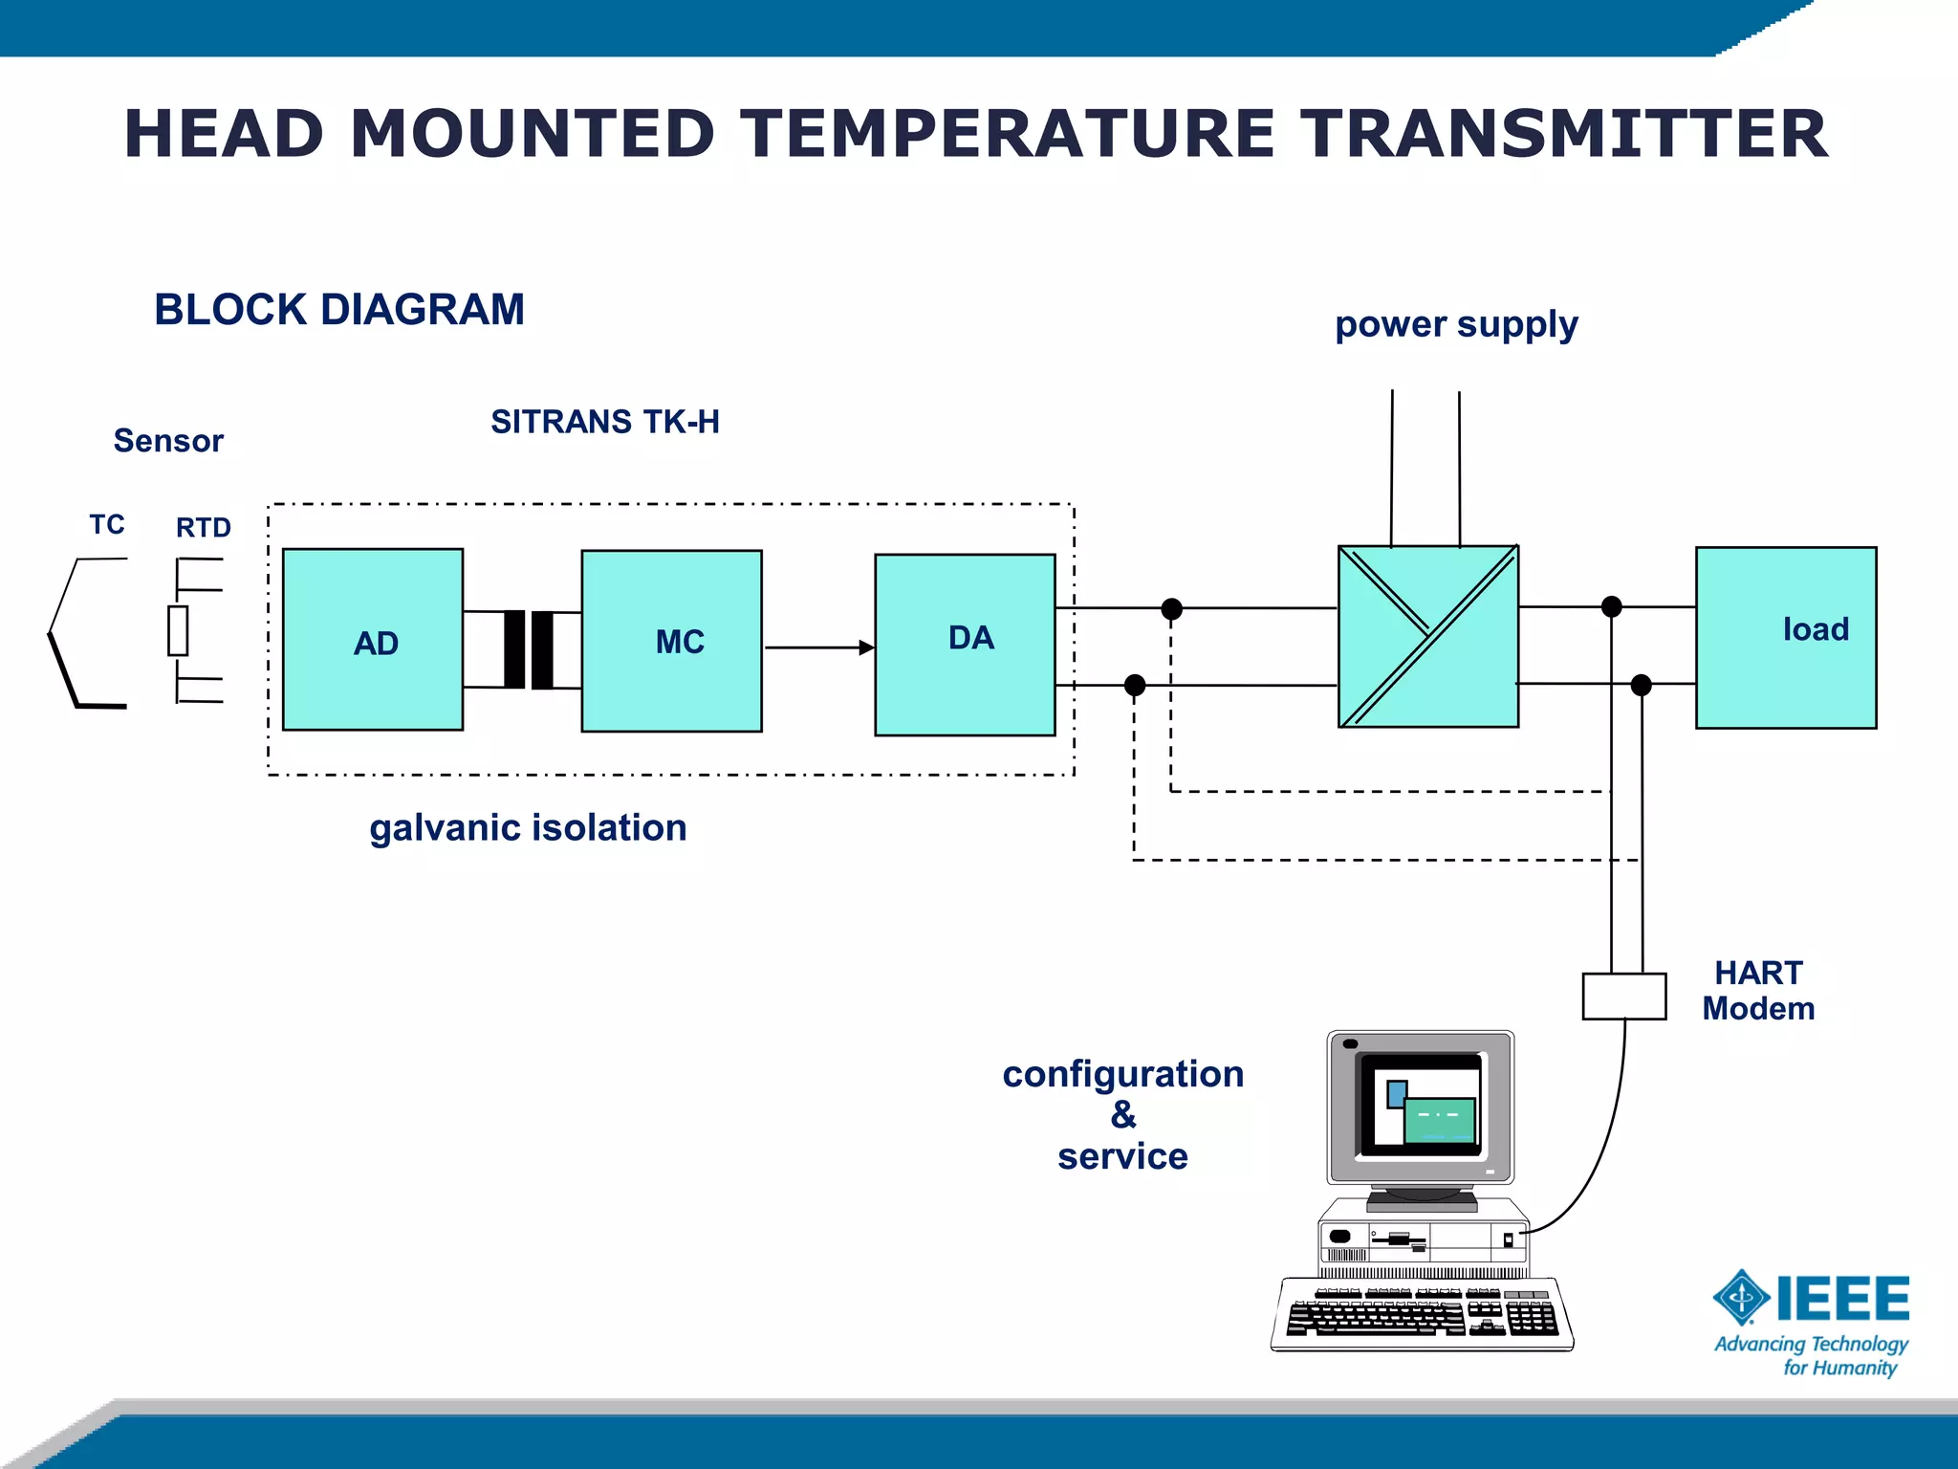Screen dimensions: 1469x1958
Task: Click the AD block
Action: tap(373, 640)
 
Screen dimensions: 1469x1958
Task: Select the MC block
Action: tap(671, 641)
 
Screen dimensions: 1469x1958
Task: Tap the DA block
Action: tap(965, 645)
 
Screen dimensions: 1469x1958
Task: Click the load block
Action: tap(1785, 637)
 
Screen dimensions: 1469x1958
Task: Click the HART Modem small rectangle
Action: tap(1623, 997)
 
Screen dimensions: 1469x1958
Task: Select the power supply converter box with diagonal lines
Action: tap(1427, 637)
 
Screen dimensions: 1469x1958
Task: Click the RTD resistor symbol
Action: tap(178, 630)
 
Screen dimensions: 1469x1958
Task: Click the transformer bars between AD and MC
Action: tap(528, 649)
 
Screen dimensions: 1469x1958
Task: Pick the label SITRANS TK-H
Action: tap(604, 422)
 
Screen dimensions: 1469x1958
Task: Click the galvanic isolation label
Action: tap(528, 827)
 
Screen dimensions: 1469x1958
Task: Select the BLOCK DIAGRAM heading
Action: tap(339, 310)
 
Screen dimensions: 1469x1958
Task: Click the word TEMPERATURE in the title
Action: tap(1008, 134)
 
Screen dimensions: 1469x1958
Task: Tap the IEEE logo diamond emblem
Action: tap(1741, 1298)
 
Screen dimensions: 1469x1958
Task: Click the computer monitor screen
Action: tap(1420, 1104)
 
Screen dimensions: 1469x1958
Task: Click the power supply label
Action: tap(1455, 325)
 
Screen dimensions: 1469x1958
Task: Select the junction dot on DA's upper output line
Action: tap(1171, 608)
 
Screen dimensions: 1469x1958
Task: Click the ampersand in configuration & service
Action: tap(1123, 1115)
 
